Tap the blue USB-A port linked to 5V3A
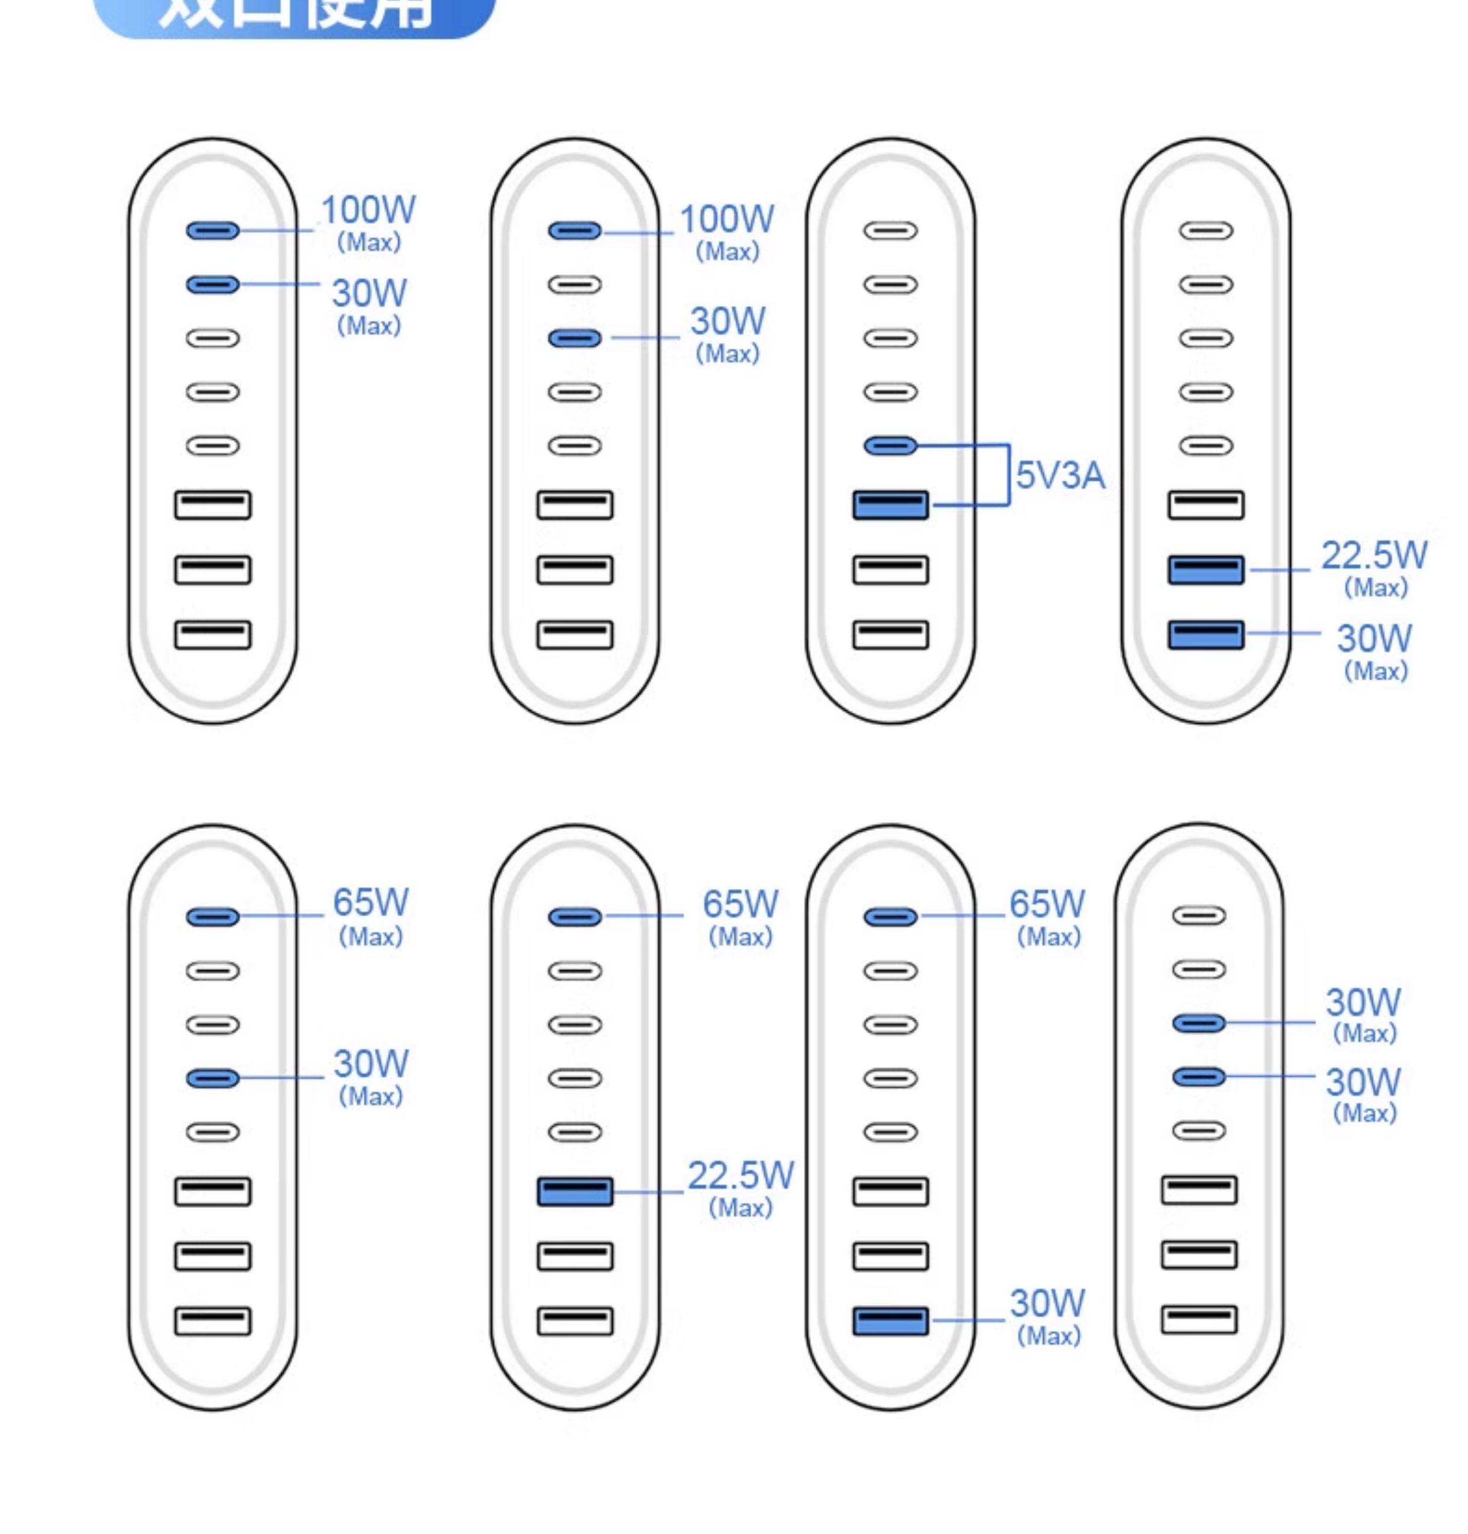tap(890, 505)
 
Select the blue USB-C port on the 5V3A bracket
tap(890, 446)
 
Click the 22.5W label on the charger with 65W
tap(741, 1176)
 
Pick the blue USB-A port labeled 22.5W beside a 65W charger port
tap(575, 1191)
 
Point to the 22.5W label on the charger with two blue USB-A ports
tap(1374, 555)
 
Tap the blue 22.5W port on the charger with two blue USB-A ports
tap(1206, 569)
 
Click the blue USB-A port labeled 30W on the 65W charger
tap(890, 1320)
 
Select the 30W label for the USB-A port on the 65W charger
tap(1047, 1303)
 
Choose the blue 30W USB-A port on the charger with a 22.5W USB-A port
tap(1206, 634)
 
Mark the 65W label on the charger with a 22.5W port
tap(741, 904)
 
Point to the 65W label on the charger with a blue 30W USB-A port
tap(1047, 904)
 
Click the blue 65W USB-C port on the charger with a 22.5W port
tap(575, 917)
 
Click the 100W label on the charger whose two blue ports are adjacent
tap(369, 210)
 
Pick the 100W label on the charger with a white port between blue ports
tap(727, 219)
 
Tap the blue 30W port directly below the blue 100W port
tap(213, 284)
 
